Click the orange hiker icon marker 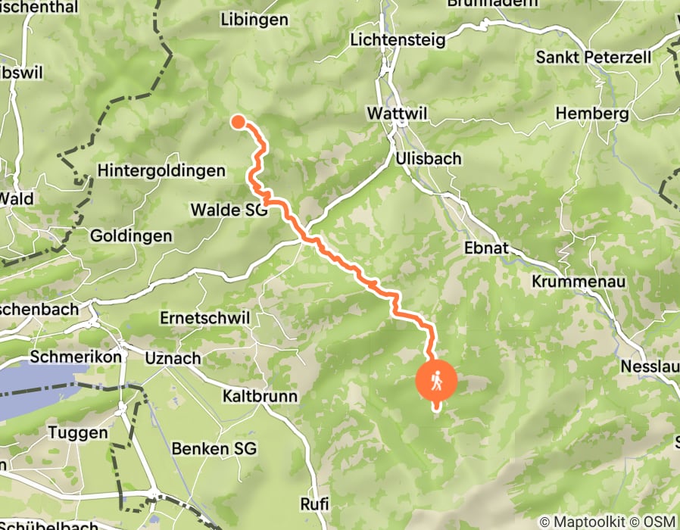coord(436,381)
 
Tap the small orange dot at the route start coord(238,121)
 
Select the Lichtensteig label coord(398,39)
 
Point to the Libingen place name coord(254,19)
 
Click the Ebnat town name coord(485,249)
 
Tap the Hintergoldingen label coord(161,171)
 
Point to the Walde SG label coord(229,210)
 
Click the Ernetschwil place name coord(204,318)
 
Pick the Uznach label coord(173,357)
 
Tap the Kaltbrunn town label coord(260,396)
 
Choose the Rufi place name coord(314,503)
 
